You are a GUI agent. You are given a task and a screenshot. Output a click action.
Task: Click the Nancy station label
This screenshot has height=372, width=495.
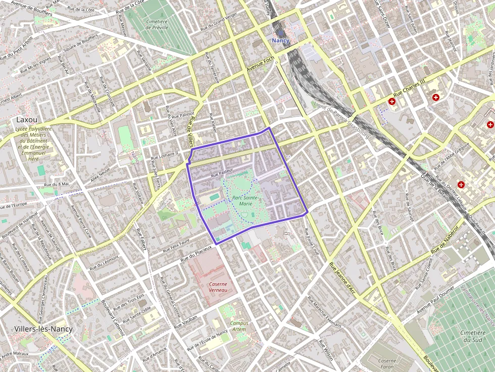[280, 40]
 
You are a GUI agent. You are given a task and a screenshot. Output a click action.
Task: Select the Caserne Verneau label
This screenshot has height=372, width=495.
[218, 287]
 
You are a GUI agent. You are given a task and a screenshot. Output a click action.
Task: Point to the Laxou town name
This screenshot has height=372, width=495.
[27, 120]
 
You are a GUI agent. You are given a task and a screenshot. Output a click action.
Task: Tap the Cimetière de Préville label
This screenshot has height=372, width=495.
[156, 24]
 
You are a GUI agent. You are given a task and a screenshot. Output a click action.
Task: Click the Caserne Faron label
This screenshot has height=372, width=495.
[387, 364]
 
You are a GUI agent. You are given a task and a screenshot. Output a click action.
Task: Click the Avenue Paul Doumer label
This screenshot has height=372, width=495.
[436, 300]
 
